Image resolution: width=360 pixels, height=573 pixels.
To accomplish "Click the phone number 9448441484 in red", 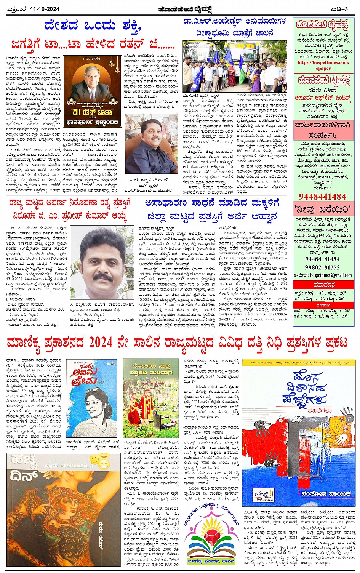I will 322,197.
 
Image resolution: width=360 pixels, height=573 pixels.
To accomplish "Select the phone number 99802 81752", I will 322,267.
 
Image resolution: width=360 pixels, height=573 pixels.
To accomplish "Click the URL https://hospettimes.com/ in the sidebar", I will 323,62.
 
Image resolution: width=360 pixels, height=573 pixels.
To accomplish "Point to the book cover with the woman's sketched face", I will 91,398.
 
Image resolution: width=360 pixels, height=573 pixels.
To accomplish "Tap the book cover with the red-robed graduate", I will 150,398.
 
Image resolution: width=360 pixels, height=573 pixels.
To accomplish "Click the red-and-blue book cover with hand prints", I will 299,432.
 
